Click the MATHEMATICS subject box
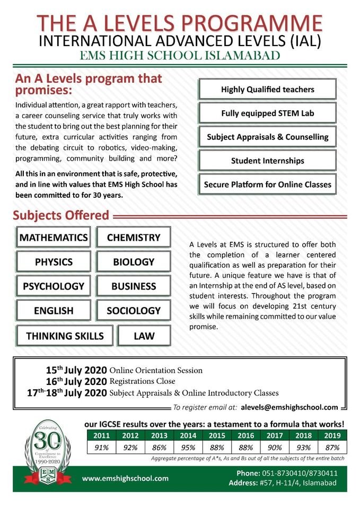pyautogui.click(x=54, y=238)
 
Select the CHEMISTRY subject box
pyautogui.click(x=134, y=238)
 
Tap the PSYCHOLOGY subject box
pyautogui.click(x=54, y=286)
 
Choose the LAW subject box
pyautogui.click(x=144, y=336)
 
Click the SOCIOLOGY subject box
pyautogui.click(x=134, y=311)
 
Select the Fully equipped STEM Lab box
pyautogui.click(x=268, y=113)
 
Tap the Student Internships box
pyautogui.click(x=268, y=160)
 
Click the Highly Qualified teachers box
pyautogui.click(x=268, y=90)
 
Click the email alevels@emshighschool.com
pyautogui.click(x=289, y=407)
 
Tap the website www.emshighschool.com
pyautogui.click(x=125, y=478)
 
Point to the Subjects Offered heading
pyautogui.click(x=61, y=216)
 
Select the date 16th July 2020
pyautogui.click(x=76, y=381)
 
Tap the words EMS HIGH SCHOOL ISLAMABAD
pyautogui.click(x=180, y=56)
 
